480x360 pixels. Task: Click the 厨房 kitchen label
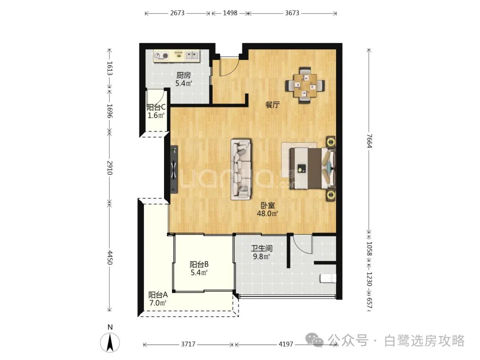click(x=184, y=75)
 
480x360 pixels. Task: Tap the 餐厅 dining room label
click(x=272, y=105)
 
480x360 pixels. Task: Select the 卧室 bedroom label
click(x=268, y=205)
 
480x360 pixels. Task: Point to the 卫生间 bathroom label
click(x=262, y=248)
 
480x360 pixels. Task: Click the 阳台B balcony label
click(x=199, y=264)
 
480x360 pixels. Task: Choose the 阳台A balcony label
click(x=158, y=295)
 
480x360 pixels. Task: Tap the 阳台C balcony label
click(x=156, y=108)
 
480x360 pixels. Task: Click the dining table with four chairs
click(x=305, y=85)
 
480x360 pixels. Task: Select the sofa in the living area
click(x=241, y=169)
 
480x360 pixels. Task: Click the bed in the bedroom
click(x=312, y=168)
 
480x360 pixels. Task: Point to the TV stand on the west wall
click(x=174, y=169)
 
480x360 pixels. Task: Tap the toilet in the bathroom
click(x=328, y=278)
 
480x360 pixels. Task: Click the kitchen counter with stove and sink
click(x=176, y=56)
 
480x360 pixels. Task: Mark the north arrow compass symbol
click(x=110, y=342)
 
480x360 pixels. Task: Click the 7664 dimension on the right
click(x=369, y=141)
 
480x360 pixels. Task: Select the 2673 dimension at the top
click(x=177, y=13)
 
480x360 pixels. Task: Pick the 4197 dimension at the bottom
click(x=286, y=344)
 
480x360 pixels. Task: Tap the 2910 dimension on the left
click(x=110, y=168)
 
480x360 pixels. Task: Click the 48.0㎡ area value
click(x=267, y=214)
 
